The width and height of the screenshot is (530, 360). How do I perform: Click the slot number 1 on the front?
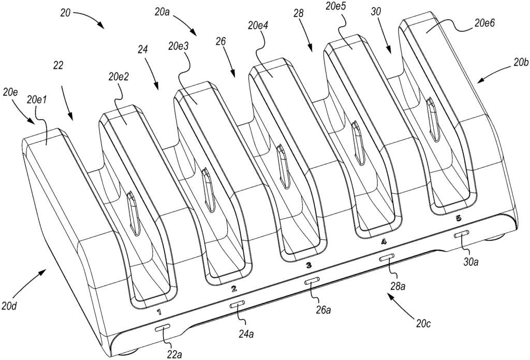coord(159,312)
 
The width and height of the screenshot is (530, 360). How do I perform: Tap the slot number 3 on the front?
coord(308,265)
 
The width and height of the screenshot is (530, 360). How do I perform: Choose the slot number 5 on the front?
coord(458,219)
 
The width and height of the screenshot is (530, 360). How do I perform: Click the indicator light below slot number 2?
coord(238,306)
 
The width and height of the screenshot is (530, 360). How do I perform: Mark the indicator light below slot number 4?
coord(386,257)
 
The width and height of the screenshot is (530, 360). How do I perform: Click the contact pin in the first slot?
coord(133,213)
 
